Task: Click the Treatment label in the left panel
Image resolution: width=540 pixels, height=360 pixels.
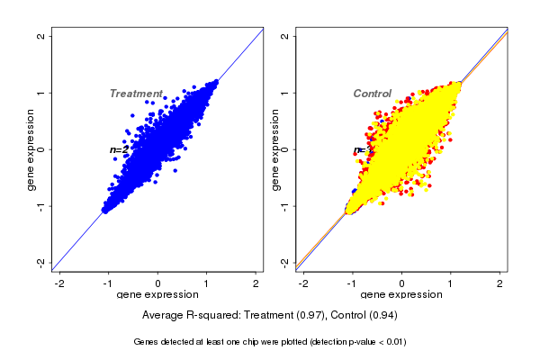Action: tap(136, 94)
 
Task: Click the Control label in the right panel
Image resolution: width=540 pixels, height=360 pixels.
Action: tap(372, 94)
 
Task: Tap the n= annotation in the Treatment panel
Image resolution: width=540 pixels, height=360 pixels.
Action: tap(119, 149)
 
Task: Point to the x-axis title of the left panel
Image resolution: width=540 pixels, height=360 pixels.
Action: tap(158, 295)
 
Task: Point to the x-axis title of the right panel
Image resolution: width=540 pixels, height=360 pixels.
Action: tap(401, 295)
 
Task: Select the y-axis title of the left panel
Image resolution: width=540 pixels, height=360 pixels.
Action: tap(32, 149)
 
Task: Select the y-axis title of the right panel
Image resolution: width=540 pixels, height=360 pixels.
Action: tap(275, 149)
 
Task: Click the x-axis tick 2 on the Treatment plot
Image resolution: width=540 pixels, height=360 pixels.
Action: tap(256, 283)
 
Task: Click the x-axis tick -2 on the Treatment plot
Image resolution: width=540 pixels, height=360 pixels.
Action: tap(59, 283)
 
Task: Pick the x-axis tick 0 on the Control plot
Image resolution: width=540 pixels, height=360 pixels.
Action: tap(402, 283)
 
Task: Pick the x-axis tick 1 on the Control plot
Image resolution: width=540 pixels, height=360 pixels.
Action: tap(451, 283)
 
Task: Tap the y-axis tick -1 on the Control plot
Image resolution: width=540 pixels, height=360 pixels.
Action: tap(285, 206)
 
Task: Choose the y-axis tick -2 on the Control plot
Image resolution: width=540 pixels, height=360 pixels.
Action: tap(285, 263)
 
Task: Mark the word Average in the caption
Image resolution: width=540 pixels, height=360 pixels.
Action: tap(165, 316)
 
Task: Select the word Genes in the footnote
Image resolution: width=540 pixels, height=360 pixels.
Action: tap(147, 342)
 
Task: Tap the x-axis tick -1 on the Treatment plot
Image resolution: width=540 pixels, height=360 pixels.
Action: tap(108, 283)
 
